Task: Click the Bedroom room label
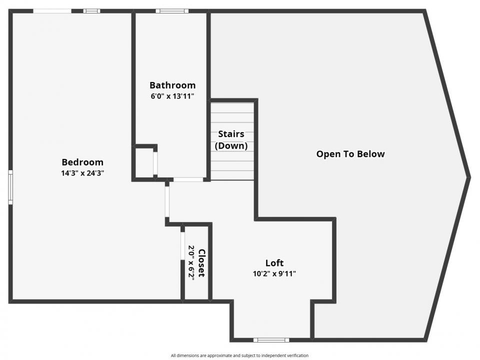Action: pyautogui.click(x=82, y=162)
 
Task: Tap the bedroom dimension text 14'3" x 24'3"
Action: pyautogui.click(x=82, y=173)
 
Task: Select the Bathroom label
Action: pyautogui.click(x=172, y=85)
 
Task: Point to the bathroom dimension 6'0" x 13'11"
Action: pyautogui.click(x=172, y=95)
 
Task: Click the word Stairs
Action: pyautogui.click(x=231, y=134)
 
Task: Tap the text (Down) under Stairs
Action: pyautogui.click(x=231, y=146)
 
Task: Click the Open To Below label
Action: pyautogui.click(x=350, y=154)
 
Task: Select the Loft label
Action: pyautogui.click(x=274, y=263)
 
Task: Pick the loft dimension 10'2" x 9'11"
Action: pyautogui.click(x=274, y=273)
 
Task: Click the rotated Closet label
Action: pyautogui.click(x=201, y=263)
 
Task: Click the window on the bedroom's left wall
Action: pyautogui.click(x=10, y=186)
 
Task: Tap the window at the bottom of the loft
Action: pyautogui.click(x=271, y=340)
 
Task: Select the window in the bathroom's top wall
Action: pyautogui.click(x=172, y=11)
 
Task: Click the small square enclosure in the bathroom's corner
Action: pyautogui.click(x=144, y=161)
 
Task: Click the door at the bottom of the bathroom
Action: pyautogui.click(x=188, y=179)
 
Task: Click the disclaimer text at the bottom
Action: pyautogui.click(x=239, y=355)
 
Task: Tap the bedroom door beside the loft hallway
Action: pyautogui.click(x=167, y=201)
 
